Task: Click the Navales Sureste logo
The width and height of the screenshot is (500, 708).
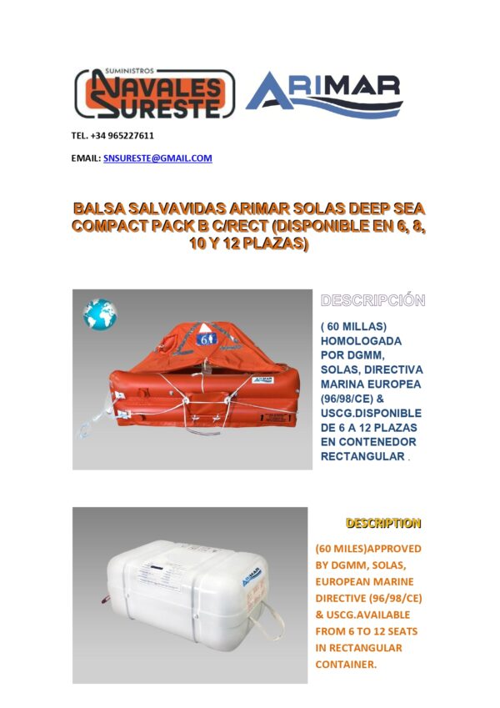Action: click(x=154, y=93)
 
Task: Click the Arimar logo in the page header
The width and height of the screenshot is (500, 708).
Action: click(x=324, y=94)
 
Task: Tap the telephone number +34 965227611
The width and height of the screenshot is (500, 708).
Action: click(x=112, y=135)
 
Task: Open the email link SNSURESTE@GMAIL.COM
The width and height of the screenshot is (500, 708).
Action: click(x=157, y=158)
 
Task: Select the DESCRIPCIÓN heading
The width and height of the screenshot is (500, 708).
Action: click(x=372, y=300)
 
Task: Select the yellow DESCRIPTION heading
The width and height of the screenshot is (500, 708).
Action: click(x=383, y=524)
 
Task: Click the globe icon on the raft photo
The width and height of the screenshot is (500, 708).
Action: click(x=99, y=314)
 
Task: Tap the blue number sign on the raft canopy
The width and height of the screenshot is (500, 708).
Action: click(x=205, y=339)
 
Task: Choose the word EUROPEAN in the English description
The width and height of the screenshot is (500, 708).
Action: click(x=346, y=581)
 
